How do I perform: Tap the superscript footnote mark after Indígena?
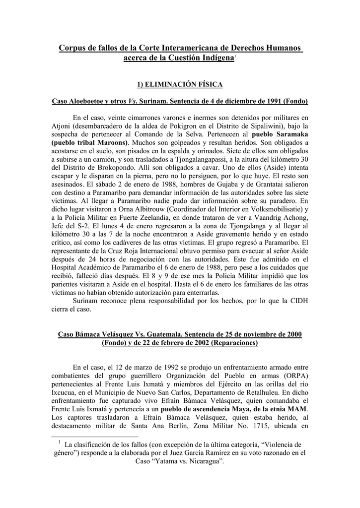[235, 57]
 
